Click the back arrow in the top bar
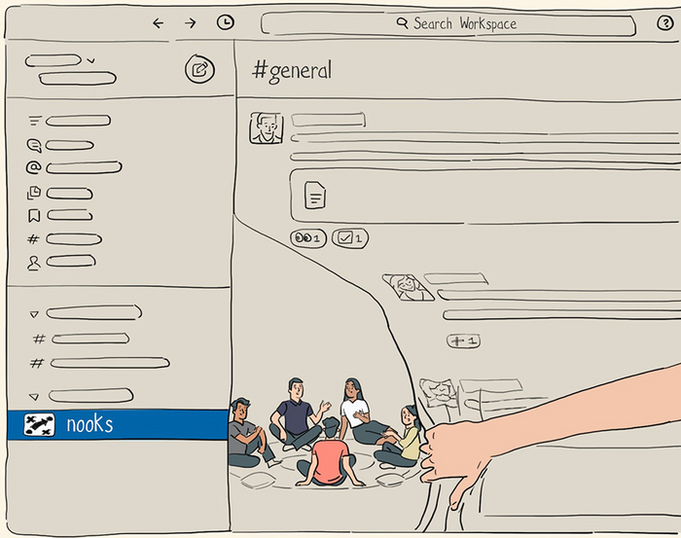[x=159, y=23]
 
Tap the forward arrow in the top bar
[x=191, y=23]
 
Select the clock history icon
[x=226, y=22]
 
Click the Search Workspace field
[x=448, y=24]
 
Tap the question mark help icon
[x=664, y=22]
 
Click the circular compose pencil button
[x=199, y=69]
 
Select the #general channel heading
[x=292, y=71]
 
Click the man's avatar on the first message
[x=267, y=127]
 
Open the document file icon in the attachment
[x=315, y=196]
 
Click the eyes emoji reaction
[x=308, y=238]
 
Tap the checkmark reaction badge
[x=350, y=238]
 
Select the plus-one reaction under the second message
[x=463, y=341]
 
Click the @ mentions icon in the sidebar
[x=33, y=167]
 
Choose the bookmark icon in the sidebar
[x=34, y=215]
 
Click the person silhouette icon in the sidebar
[x=34, y=263]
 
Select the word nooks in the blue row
[x=90, y=424]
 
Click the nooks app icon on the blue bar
[x=39, y=425]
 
